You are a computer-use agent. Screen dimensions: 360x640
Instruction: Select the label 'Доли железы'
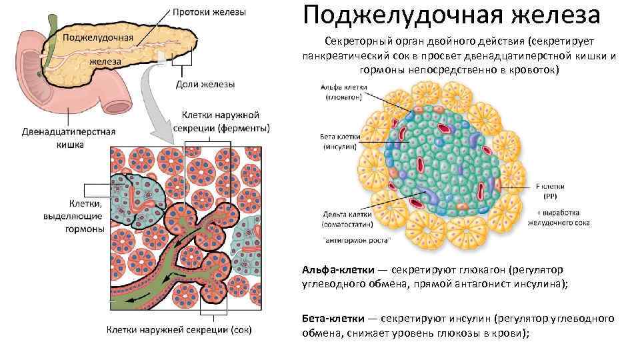point(205,84)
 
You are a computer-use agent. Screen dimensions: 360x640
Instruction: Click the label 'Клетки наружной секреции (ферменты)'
point(221,122)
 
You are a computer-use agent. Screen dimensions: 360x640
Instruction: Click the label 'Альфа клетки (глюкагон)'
point(341,91)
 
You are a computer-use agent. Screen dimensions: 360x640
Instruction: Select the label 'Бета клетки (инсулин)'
point(339,141)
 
